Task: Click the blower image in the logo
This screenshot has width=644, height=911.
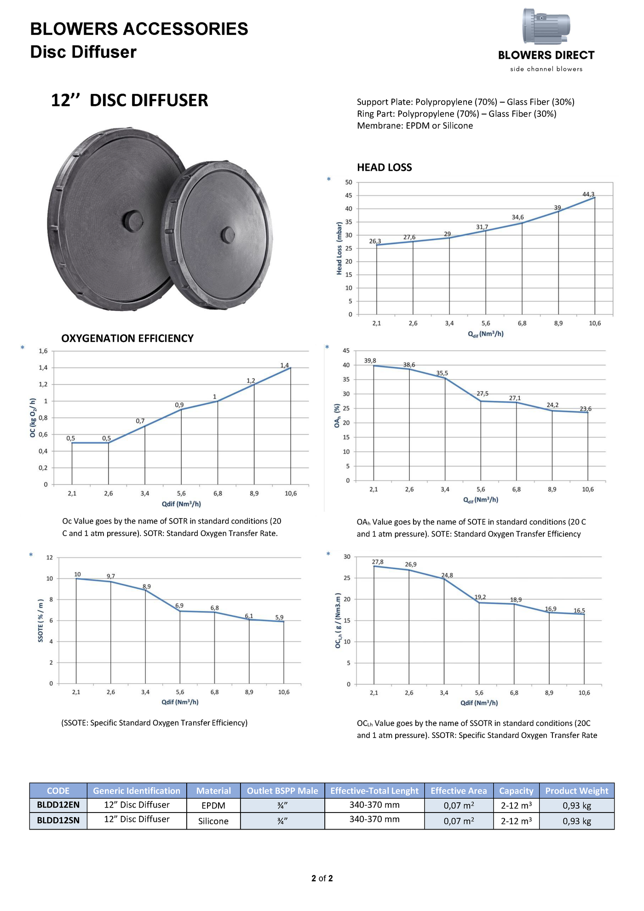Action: coord(546,26)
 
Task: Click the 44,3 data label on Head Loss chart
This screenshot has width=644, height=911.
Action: coord(588,195)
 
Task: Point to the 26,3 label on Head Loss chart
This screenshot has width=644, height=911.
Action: coord(375,241)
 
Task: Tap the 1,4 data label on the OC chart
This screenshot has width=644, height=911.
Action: coord(285,365)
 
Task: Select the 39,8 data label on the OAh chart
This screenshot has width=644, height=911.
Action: coord(370,361)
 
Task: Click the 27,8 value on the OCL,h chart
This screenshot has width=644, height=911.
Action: coord(378,562)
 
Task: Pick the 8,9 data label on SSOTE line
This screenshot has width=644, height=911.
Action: coord(147,587)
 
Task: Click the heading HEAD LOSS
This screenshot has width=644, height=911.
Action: coord(384,167)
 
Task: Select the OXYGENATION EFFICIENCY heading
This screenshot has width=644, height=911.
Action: coord(127,339)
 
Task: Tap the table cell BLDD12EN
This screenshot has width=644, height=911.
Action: coord(58,805)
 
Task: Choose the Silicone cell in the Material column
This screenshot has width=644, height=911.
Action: coord(213,821)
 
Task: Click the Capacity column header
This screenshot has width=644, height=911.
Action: coord(516,790)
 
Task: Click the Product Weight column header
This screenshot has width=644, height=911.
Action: coord(576,790)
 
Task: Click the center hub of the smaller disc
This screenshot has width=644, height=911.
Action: coord(227,235)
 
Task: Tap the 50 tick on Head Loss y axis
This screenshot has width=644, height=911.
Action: coord(349,182)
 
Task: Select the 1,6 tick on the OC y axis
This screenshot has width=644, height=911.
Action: coord(43,351)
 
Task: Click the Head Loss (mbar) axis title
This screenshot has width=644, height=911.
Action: coord(339,248)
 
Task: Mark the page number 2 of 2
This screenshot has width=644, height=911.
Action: coord(322,878)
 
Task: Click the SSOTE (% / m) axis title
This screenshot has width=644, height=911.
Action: coord(40,621)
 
